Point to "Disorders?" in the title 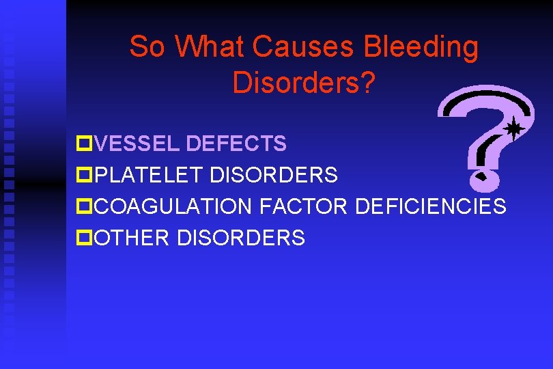click(x=304, y=82)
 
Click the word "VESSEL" click(x=137, y=144)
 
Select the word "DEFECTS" click(x=236, y=144)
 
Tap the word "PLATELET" click(x=149, y=175)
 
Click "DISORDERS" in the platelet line click(x=274, y=175)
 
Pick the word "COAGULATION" click(x=173, y=206)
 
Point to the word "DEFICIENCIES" click(x=431, y=206)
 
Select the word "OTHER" click(x=132, y=237)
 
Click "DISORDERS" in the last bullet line click(x=241, y=237)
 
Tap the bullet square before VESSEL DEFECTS click(x=83, y=144)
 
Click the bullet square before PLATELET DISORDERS click(x=83, y=176)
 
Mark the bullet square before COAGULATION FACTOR click(x=83, y=206)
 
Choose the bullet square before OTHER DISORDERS click(x=83, y=238)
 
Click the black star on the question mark click(x=513, y=128)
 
